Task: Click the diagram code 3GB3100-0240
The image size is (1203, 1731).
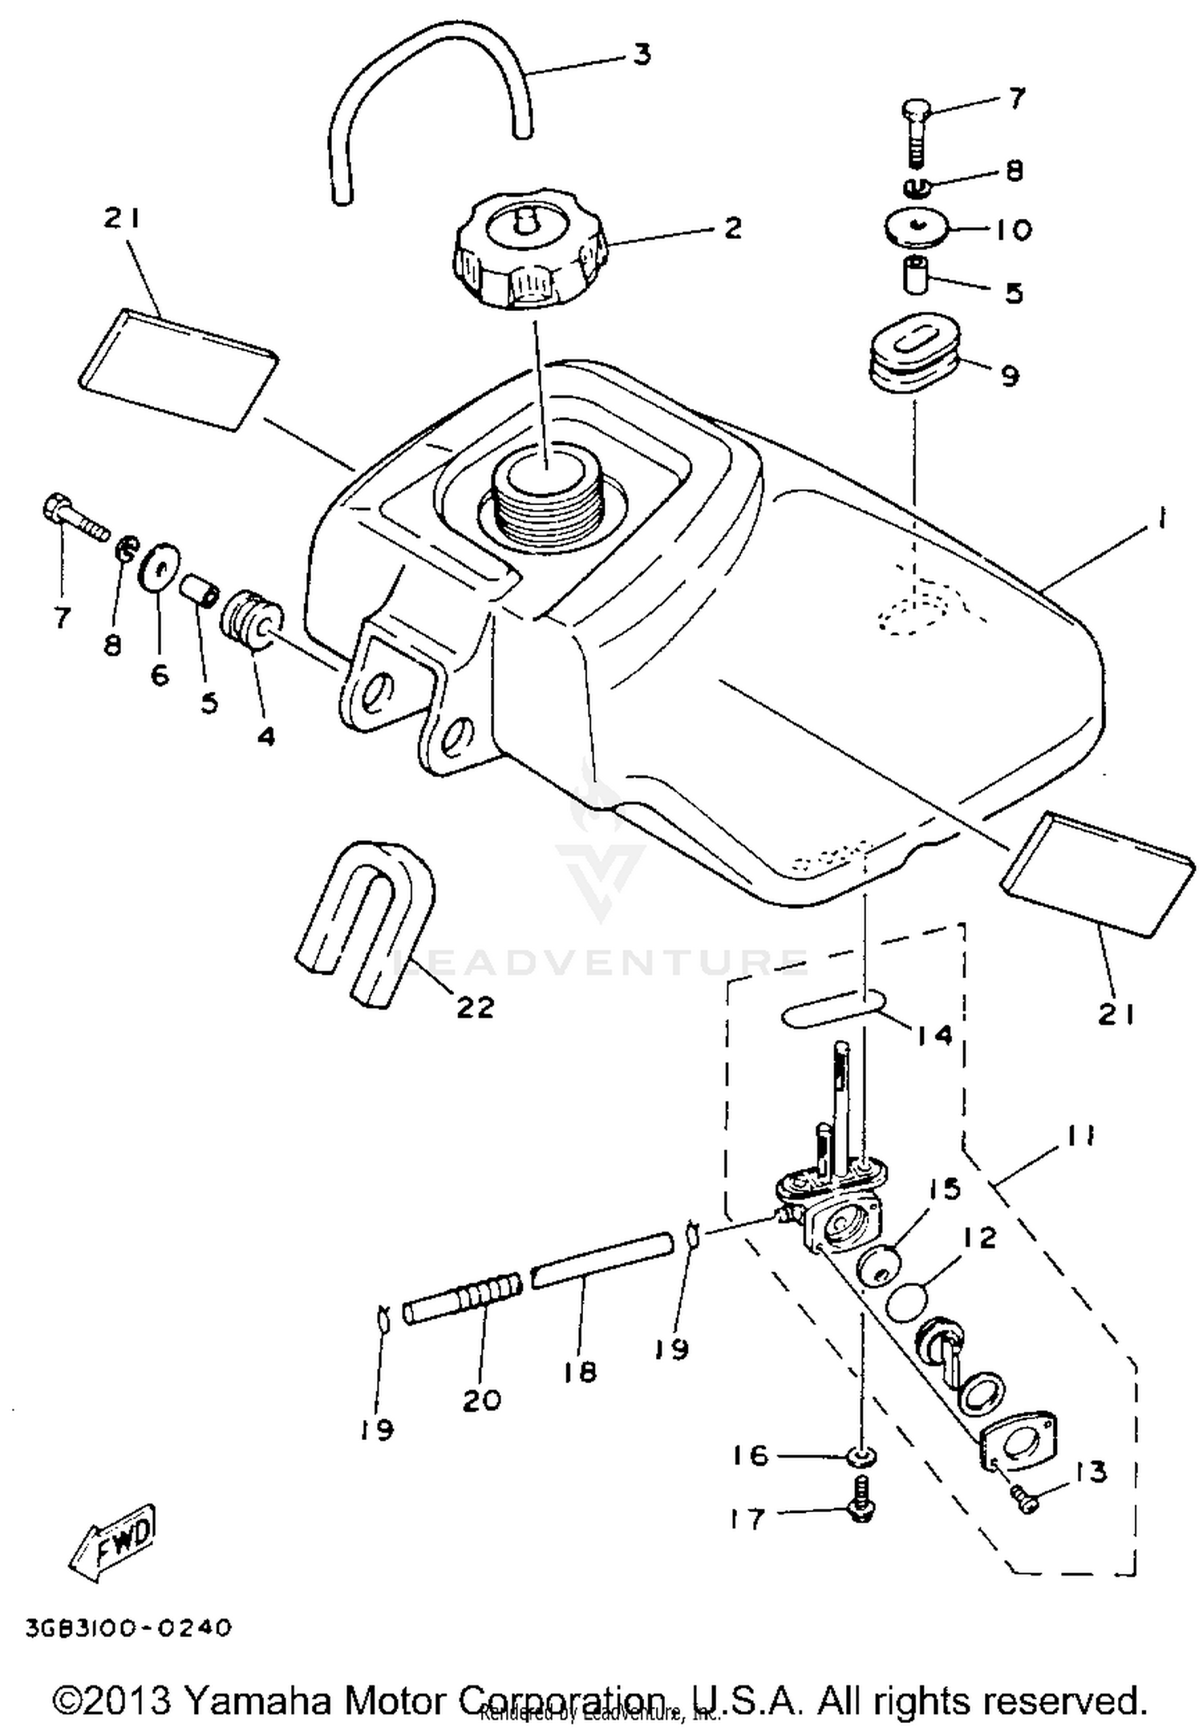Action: click(128, 1629)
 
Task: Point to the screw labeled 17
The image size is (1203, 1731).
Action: click(861, 1510)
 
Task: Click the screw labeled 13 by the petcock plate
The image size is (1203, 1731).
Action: click(1024, 1496)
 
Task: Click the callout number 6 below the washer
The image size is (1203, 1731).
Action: click(160, 675)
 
